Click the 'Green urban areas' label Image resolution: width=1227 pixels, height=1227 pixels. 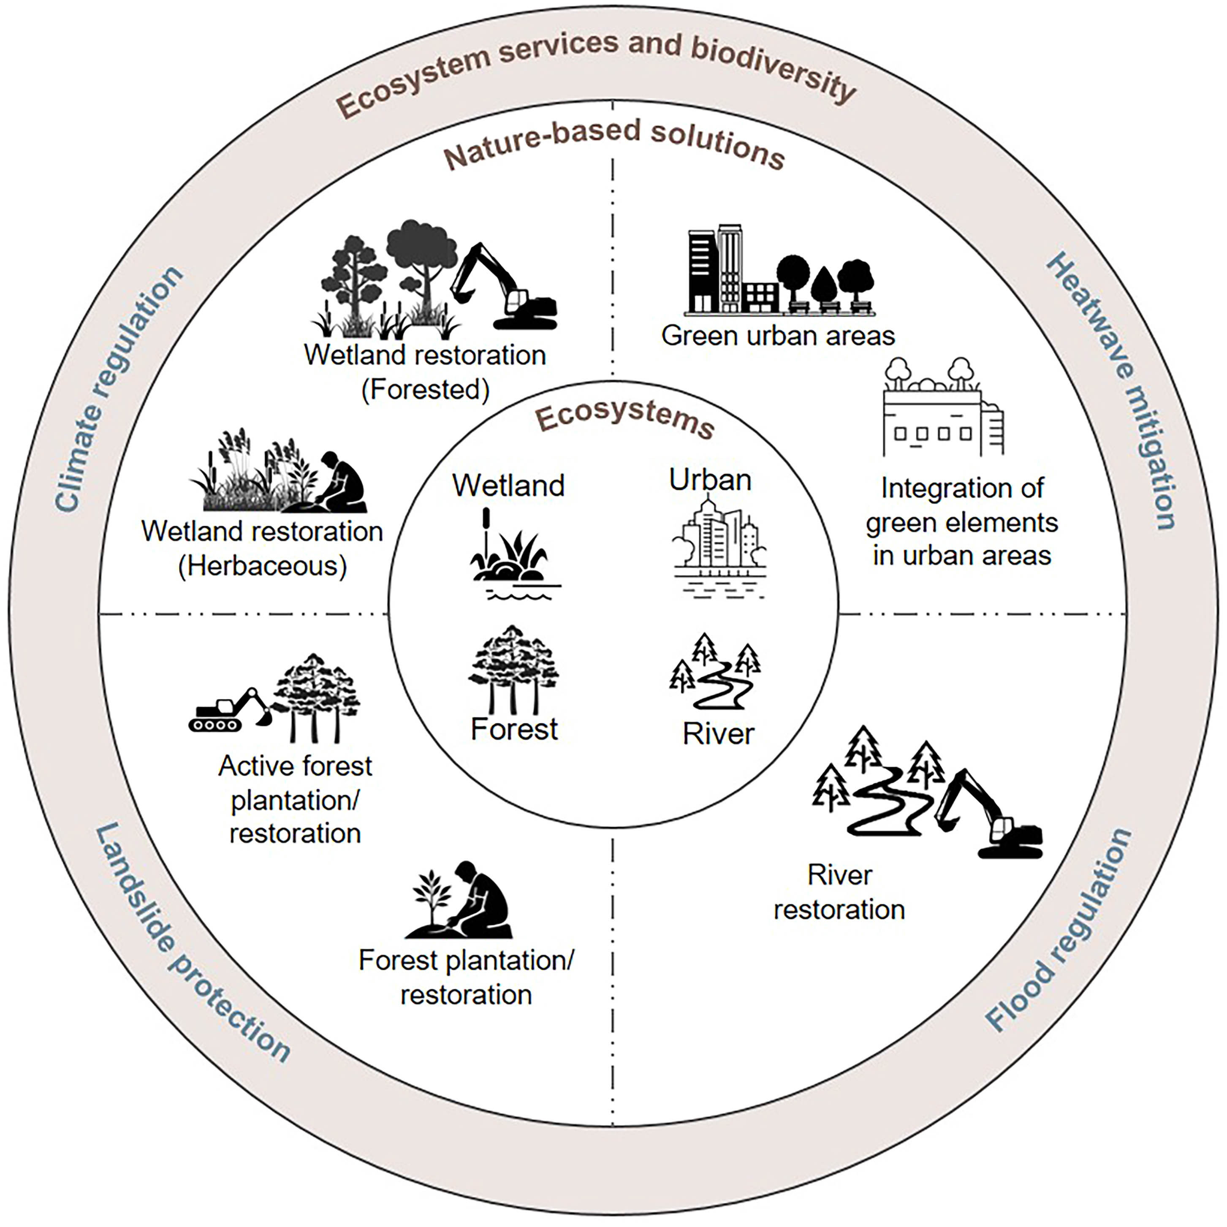[778, 335]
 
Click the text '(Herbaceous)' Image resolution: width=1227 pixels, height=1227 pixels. [262, 566]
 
